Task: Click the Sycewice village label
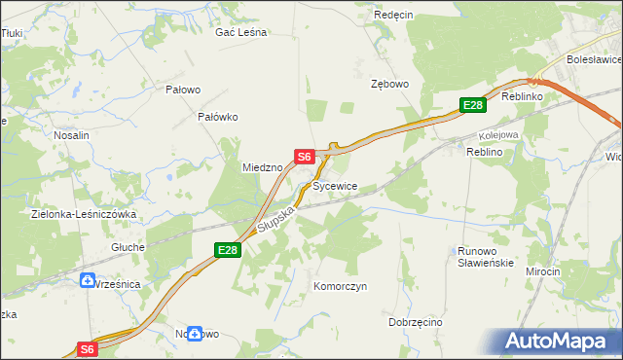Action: click(x=336, y=185)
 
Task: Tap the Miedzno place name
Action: click(x=262, y=167)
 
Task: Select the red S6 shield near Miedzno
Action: click(x=304, y=156)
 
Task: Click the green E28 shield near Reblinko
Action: click(x=472, y=105)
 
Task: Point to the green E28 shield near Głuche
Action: click(x=227, y=251)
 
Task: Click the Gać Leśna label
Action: click(x=240, y=32)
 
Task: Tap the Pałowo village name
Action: click(x=183, y=90)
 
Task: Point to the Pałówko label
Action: click(x=218, y=117)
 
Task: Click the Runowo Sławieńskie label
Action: click(x=485, y=257)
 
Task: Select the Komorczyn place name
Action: click(x=340, y=287)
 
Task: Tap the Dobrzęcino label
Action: click(x=416, y=322)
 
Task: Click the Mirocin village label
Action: click(x=543, y=271)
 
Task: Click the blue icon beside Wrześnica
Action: click(x=87, y=281)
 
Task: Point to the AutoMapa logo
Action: click(x=561, y=342)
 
